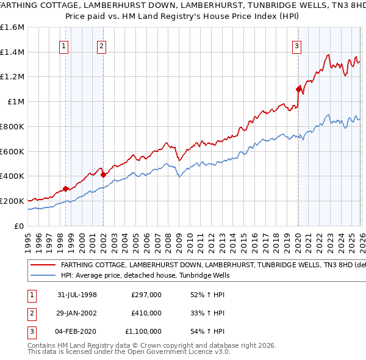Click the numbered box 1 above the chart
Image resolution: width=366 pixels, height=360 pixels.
(65, 45)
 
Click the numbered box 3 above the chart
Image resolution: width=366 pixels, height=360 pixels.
(296, 45)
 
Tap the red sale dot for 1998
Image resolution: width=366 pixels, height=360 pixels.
(65, 189)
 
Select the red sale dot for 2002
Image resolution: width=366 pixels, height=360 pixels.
(103, 175)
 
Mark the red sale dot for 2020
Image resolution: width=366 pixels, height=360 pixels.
(298, 89)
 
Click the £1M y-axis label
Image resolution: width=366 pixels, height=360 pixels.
(16, 102)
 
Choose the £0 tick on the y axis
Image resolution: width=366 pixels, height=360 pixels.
(20, 226)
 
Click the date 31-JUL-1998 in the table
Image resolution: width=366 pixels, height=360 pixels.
(77, 294)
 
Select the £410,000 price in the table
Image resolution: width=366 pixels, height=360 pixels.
(146, 313)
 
